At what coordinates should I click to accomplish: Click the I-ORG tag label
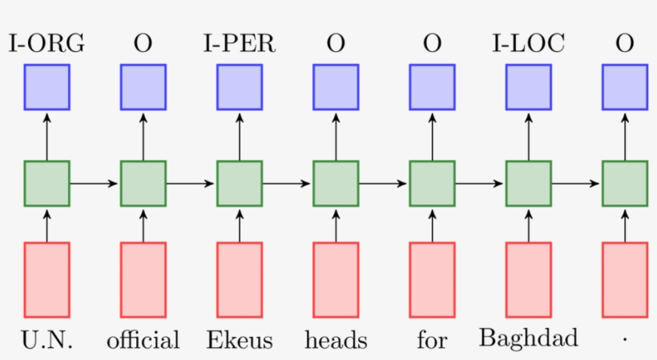coord(46,44)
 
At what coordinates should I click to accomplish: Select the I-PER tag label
coord(240,44)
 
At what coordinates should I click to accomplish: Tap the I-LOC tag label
coord(528,44)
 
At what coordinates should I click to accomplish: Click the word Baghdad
coord(528,338)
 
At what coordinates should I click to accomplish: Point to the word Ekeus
coord(240,341)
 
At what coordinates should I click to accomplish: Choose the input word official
coord(143,341)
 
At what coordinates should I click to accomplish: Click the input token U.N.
coord(46,341)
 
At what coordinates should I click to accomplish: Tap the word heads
coord(336,341)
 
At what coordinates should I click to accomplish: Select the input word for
coord(432,341)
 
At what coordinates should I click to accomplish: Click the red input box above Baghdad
coord(528,280)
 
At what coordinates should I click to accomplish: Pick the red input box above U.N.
coord(46,280)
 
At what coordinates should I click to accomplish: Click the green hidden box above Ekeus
coord(240,184)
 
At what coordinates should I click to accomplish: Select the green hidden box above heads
coord(336,184)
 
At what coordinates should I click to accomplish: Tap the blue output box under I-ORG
coord(46,87)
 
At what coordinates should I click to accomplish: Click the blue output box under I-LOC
coord(528,87)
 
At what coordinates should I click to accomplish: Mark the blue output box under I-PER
coord(240,87)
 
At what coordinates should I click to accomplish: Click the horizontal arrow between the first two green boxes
coord(95,184)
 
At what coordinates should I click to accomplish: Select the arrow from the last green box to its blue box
coord(625,136)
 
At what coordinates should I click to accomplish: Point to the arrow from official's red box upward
coord(143,224)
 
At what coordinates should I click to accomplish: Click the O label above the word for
coord(432,44)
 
